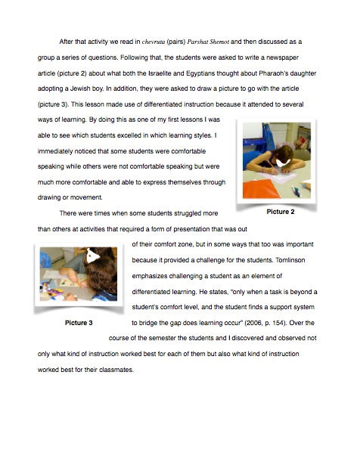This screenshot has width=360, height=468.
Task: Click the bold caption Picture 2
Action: pos(281,212)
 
